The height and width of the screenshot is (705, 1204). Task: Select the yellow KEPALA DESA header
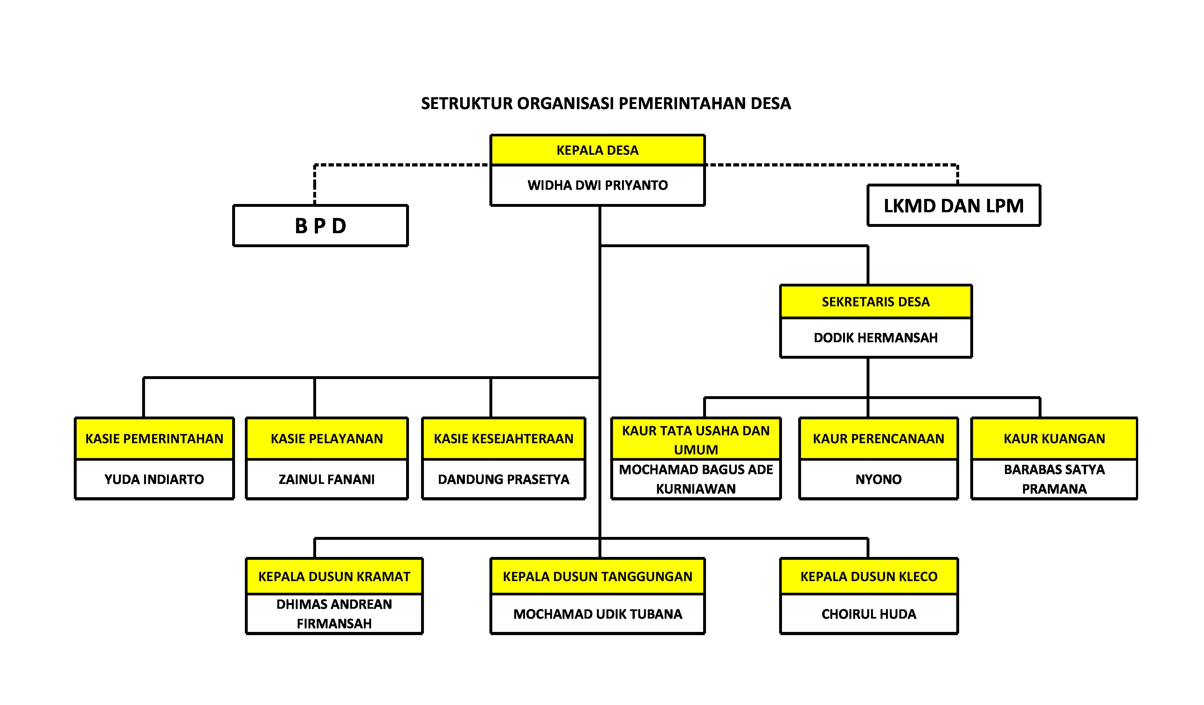597,150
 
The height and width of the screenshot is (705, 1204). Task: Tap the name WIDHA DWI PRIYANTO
597,185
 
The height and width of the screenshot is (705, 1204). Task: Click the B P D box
320,226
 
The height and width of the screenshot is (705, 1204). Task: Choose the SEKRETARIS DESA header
875,302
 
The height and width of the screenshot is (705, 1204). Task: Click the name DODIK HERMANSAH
875,338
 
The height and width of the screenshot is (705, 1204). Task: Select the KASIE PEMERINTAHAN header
154,439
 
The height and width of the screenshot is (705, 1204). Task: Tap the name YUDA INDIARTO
154,479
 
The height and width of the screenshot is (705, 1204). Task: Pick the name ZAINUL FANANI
326,479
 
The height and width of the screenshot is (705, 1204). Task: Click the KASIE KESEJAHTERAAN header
503,439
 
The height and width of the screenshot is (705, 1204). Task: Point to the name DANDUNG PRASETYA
503,479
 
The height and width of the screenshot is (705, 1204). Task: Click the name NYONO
878,479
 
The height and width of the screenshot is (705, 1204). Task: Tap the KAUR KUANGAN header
1054,439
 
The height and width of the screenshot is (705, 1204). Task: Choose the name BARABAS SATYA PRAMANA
1054,479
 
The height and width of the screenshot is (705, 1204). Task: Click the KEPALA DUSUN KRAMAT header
334,577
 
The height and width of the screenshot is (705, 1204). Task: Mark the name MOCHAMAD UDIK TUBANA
597,614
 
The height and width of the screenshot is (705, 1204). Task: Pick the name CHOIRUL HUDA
868,614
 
